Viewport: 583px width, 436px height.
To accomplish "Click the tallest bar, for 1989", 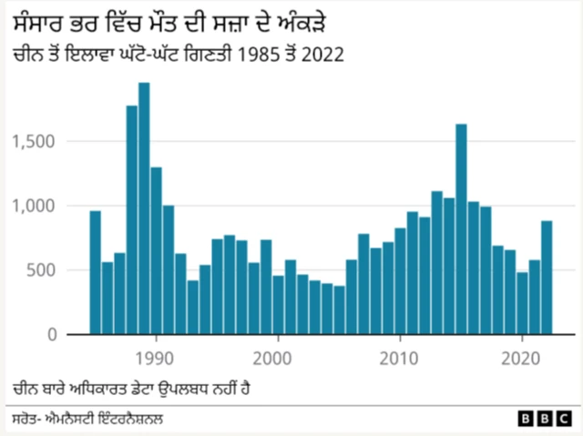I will pyautogui.click(x=144, y=208).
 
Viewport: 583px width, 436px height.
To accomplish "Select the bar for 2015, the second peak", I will pyautogui.click(x=461, y=228).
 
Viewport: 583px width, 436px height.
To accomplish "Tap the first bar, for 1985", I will pyautogui.click(x=95, y=272).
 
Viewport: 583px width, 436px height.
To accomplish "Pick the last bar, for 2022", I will pyautogui.click(x=547, y=278).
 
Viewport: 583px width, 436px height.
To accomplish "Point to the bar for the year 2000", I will pyautogui.click(x=278, y=305).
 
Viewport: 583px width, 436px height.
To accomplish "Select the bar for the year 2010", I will pyautogui.click(x=400, y=281).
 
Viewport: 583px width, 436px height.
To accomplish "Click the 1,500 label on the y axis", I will pyautogui.click(x=36, y=141).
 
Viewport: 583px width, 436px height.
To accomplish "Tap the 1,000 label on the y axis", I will pyautogui.click(x=36, y=206).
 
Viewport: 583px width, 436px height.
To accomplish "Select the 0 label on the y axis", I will pyautogui.click(x=53, y=335).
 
